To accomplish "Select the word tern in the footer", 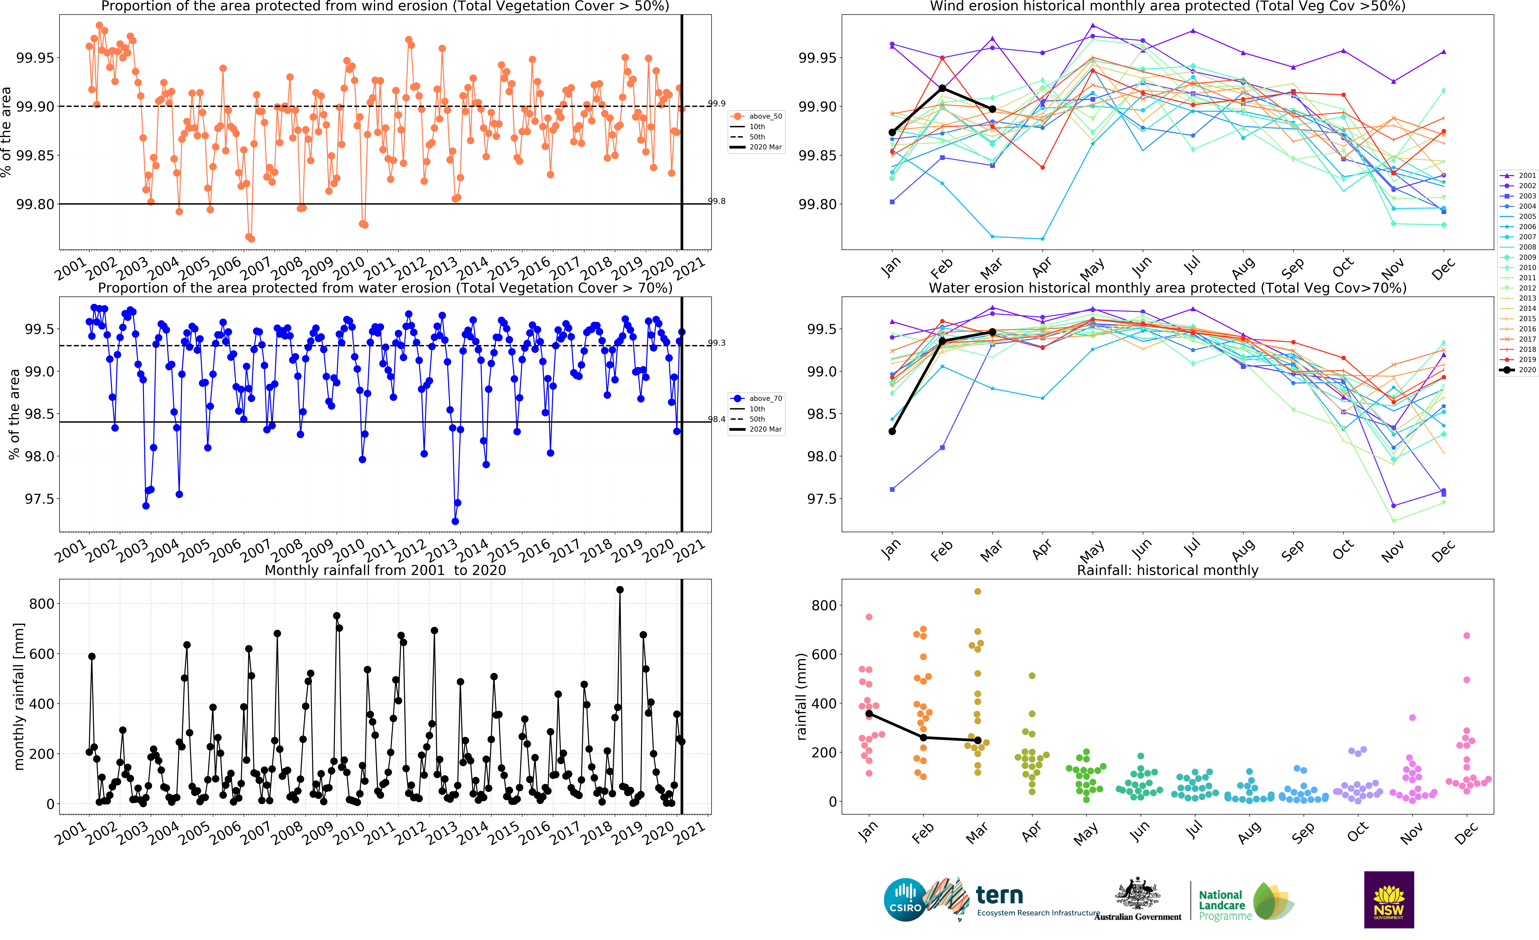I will point(999,896).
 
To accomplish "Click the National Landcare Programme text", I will point(1224,905).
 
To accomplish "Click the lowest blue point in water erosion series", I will point(455,521).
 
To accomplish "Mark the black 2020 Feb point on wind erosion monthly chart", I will point(942,89).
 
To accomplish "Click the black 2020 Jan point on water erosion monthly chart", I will point(892,431).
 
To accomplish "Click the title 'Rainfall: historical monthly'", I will point(1167,570).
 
